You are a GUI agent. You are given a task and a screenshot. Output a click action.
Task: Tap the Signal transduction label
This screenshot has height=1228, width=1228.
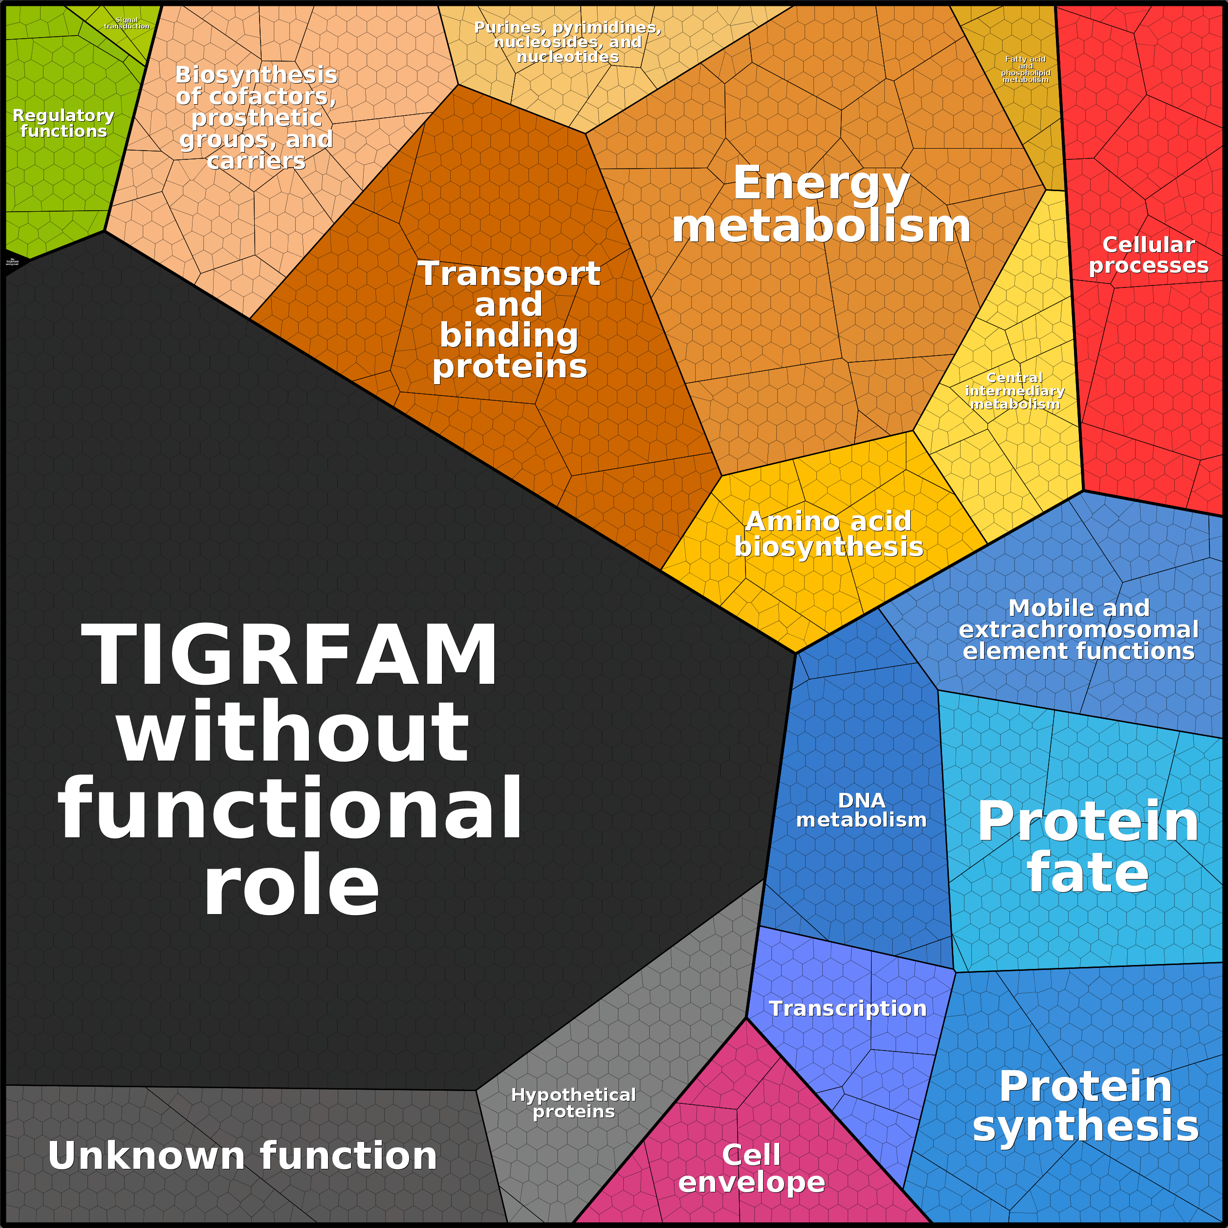pos(127,23)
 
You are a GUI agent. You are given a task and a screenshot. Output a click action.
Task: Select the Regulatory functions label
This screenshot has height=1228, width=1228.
pos(64,123)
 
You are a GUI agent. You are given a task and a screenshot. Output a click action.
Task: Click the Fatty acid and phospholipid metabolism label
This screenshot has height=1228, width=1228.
pos(1025,69)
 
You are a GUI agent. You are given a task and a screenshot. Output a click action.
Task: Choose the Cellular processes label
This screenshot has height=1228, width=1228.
pos(1148,255)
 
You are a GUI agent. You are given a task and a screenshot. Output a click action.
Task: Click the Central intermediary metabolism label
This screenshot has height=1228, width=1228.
pos(1014,391)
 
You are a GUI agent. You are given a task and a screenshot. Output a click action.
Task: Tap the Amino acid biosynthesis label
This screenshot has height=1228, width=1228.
pos(828,534)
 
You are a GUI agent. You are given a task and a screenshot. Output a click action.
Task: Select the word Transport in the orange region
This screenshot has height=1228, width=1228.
pos(508,274)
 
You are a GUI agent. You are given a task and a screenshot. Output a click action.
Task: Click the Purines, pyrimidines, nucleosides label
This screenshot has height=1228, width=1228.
pos(568,42)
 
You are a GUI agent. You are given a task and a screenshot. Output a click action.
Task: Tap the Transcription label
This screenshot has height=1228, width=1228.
pos(848,1009)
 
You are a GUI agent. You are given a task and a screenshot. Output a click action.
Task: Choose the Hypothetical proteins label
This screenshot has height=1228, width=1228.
pos(573,1103)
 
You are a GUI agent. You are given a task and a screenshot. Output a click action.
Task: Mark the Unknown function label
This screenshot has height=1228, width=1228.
pos(242,1155)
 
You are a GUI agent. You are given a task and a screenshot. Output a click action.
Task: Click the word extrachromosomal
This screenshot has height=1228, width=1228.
pos(1078,629)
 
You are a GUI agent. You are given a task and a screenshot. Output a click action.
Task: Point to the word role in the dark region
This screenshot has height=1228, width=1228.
pos(291,885)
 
